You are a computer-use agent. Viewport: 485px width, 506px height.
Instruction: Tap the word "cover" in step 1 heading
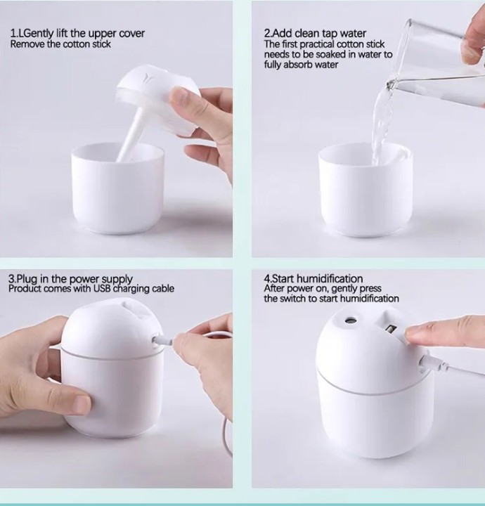click(x=133, y=34)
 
